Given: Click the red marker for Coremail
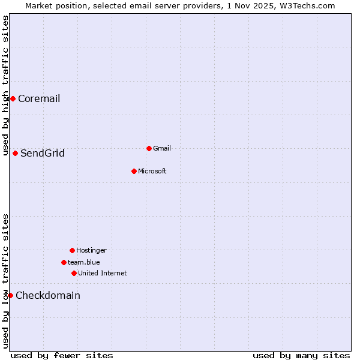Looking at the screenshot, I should (13, 98).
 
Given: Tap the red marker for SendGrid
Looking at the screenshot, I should (15, 153).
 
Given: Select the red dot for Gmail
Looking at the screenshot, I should (149, 148).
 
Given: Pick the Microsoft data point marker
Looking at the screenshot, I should (134, 171).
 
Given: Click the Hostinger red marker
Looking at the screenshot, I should (72, 250).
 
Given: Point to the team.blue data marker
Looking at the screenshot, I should (64, 262).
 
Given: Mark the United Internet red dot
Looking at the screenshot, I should (74, 273).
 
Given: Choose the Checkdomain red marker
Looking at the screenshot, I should (10, 295).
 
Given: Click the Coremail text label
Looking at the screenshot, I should (39, 99).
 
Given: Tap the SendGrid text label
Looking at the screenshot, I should (43, 154).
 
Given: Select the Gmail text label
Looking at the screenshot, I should (162, 148).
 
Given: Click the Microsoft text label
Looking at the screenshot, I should (152, 171).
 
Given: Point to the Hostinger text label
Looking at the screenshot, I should (91, 250).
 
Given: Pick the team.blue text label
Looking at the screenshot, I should (84, 262).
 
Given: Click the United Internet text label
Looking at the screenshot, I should (103, 273).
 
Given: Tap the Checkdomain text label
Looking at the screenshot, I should (48, 296).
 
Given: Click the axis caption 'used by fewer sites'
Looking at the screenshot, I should (62, 355).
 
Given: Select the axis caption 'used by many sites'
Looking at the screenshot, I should (301, 355).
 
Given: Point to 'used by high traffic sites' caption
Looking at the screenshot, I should (5, 85).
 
